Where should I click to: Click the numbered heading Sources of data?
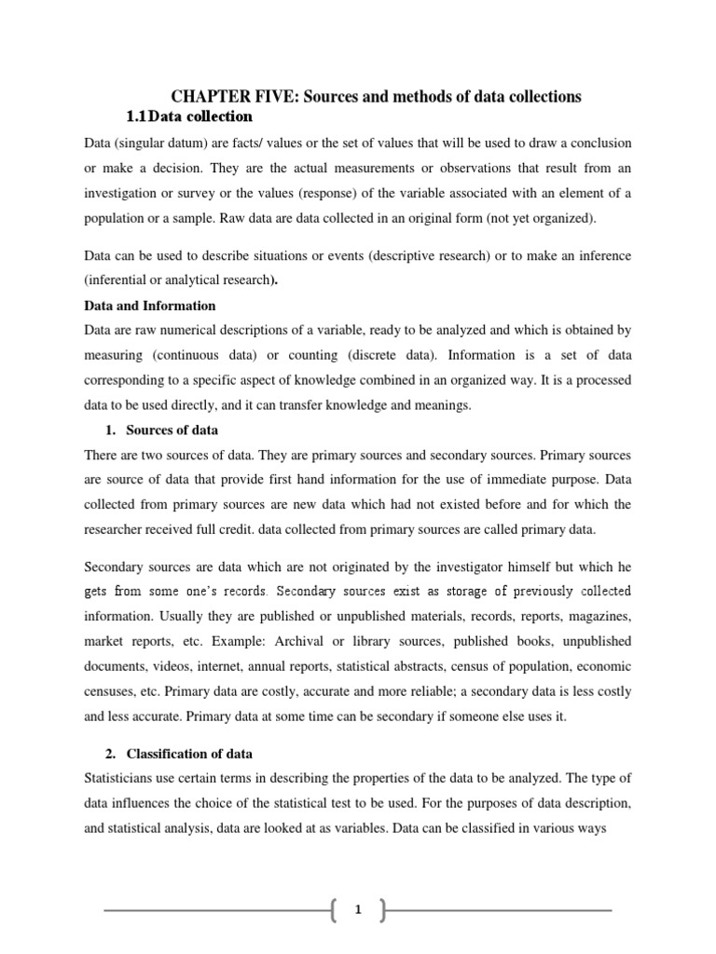172,430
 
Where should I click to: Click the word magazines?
598,616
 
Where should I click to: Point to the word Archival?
274,641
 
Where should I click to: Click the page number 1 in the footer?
357,910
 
